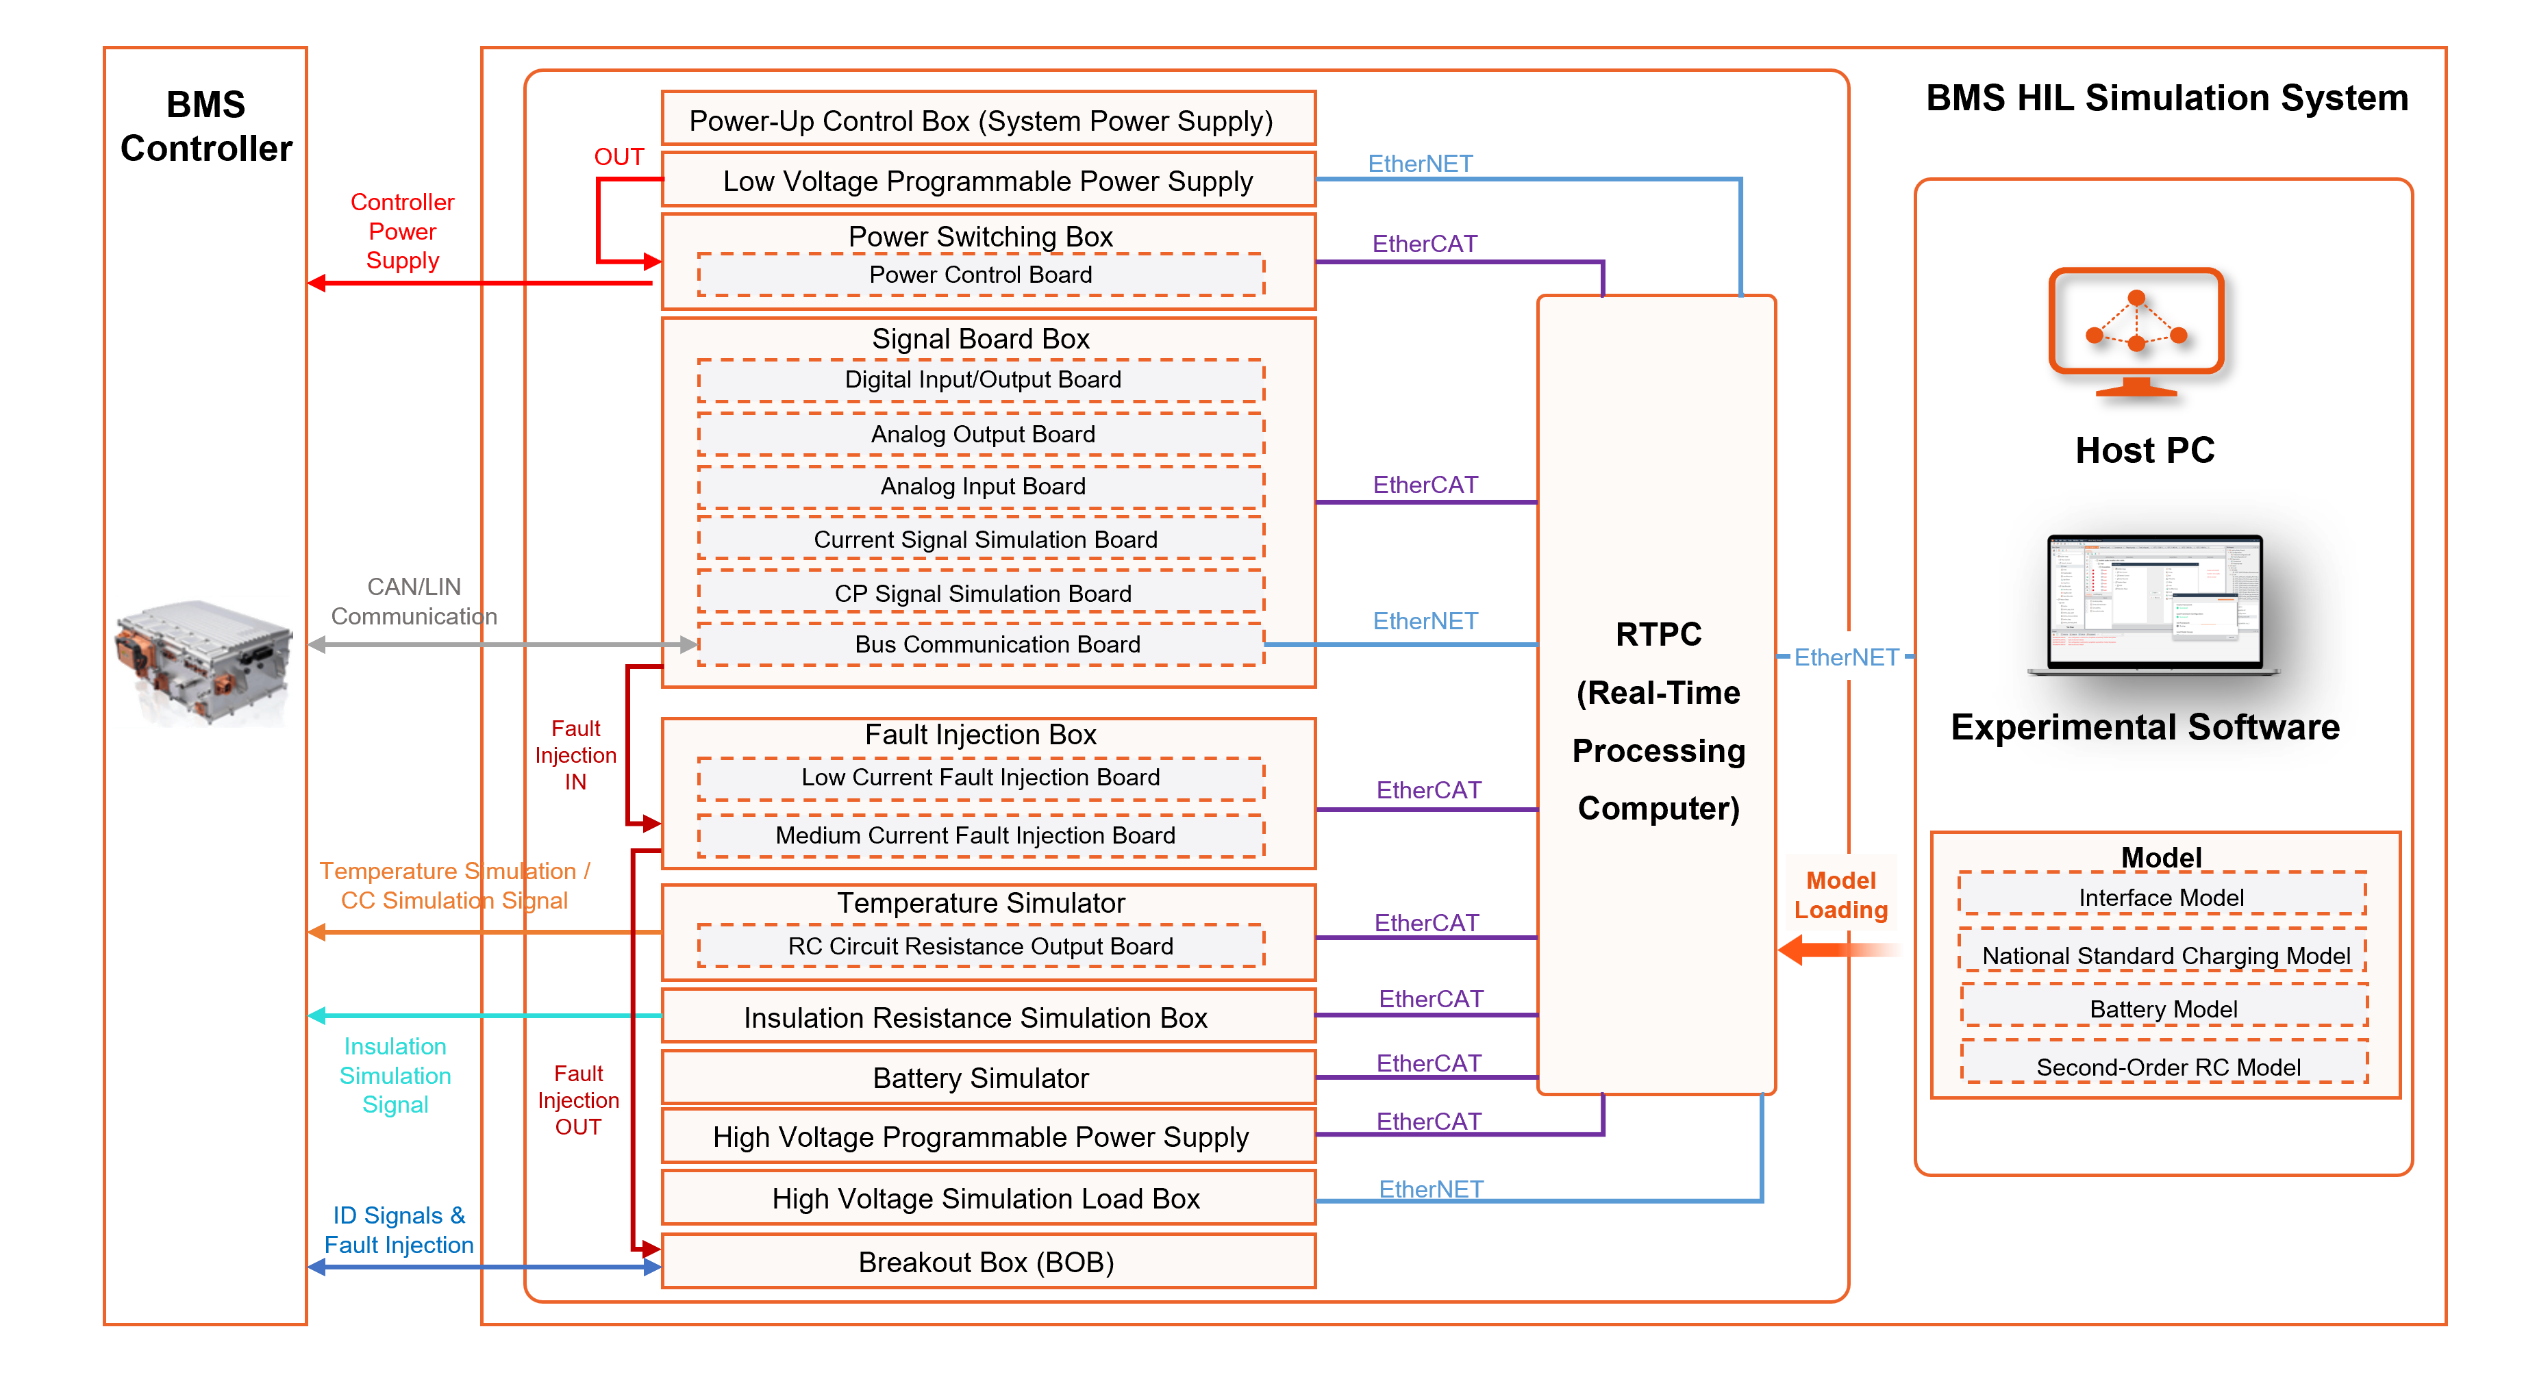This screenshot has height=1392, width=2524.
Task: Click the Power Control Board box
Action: [981, 275]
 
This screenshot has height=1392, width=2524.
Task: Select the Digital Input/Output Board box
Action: [982, 380]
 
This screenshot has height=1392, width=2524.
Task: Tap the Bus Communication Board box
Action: [982, 644]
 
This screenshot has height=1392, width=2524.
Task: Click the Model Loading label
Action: [1840, 894]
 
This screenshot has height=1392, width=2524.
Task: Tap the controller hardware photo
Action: [204, 662]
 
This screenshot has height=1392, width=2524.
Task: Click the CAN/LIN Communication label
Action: [414, 601]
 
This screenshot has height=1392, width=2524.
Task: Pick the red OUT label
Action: [618, 157]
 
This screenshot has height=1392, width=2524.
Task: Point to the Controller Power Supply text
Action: [403, 231]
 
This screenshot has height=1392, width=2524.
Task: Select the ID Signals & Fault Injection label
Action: [399, 1230]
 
